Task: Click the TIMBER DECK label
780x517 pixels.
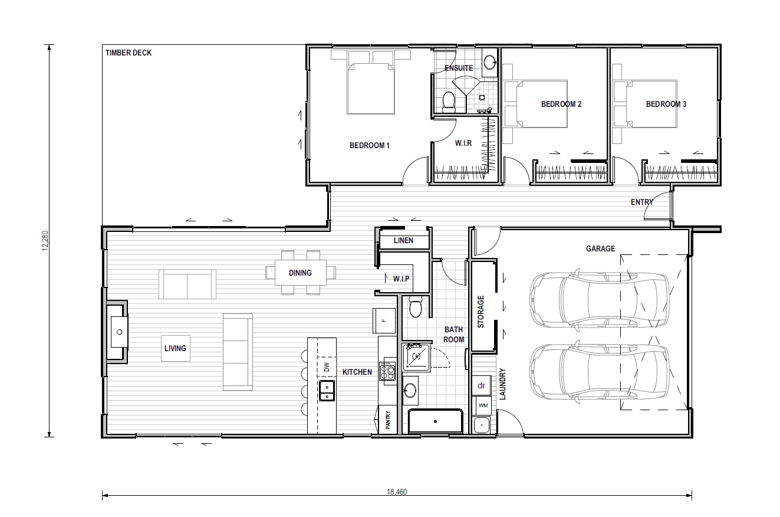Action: point(129,53)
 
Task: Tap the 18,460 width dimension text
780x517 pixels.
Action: point(397,492)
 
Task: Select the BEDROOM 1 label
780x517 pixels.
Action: point(370,146)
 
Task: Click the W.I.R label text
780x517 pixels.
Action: point(463,143)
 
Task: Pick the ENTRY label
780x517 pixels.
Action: point(642,202)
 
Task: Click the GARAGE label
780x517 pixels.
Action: point(600,249)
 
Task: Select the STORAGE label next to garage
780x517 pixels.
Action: point(480,312)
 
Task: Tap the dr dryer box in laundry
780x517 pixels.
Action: point(481,385)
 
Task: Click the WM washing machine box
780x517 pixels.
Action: point(483,405)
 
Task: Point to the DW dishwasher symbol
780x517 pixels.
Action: point(327,367)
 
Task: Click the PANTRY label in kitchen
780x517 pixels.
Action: point(388,421)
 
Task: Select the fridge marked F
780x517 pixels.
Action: point(383,320)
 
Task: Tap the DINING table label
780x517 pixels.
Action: point(300,273)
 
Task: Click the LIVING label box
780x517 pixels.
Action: point(175,348)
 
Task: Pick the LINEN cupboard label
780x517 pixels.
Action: point(403,241)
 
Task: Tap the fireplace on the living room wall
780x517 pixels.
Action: point(119,332)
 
